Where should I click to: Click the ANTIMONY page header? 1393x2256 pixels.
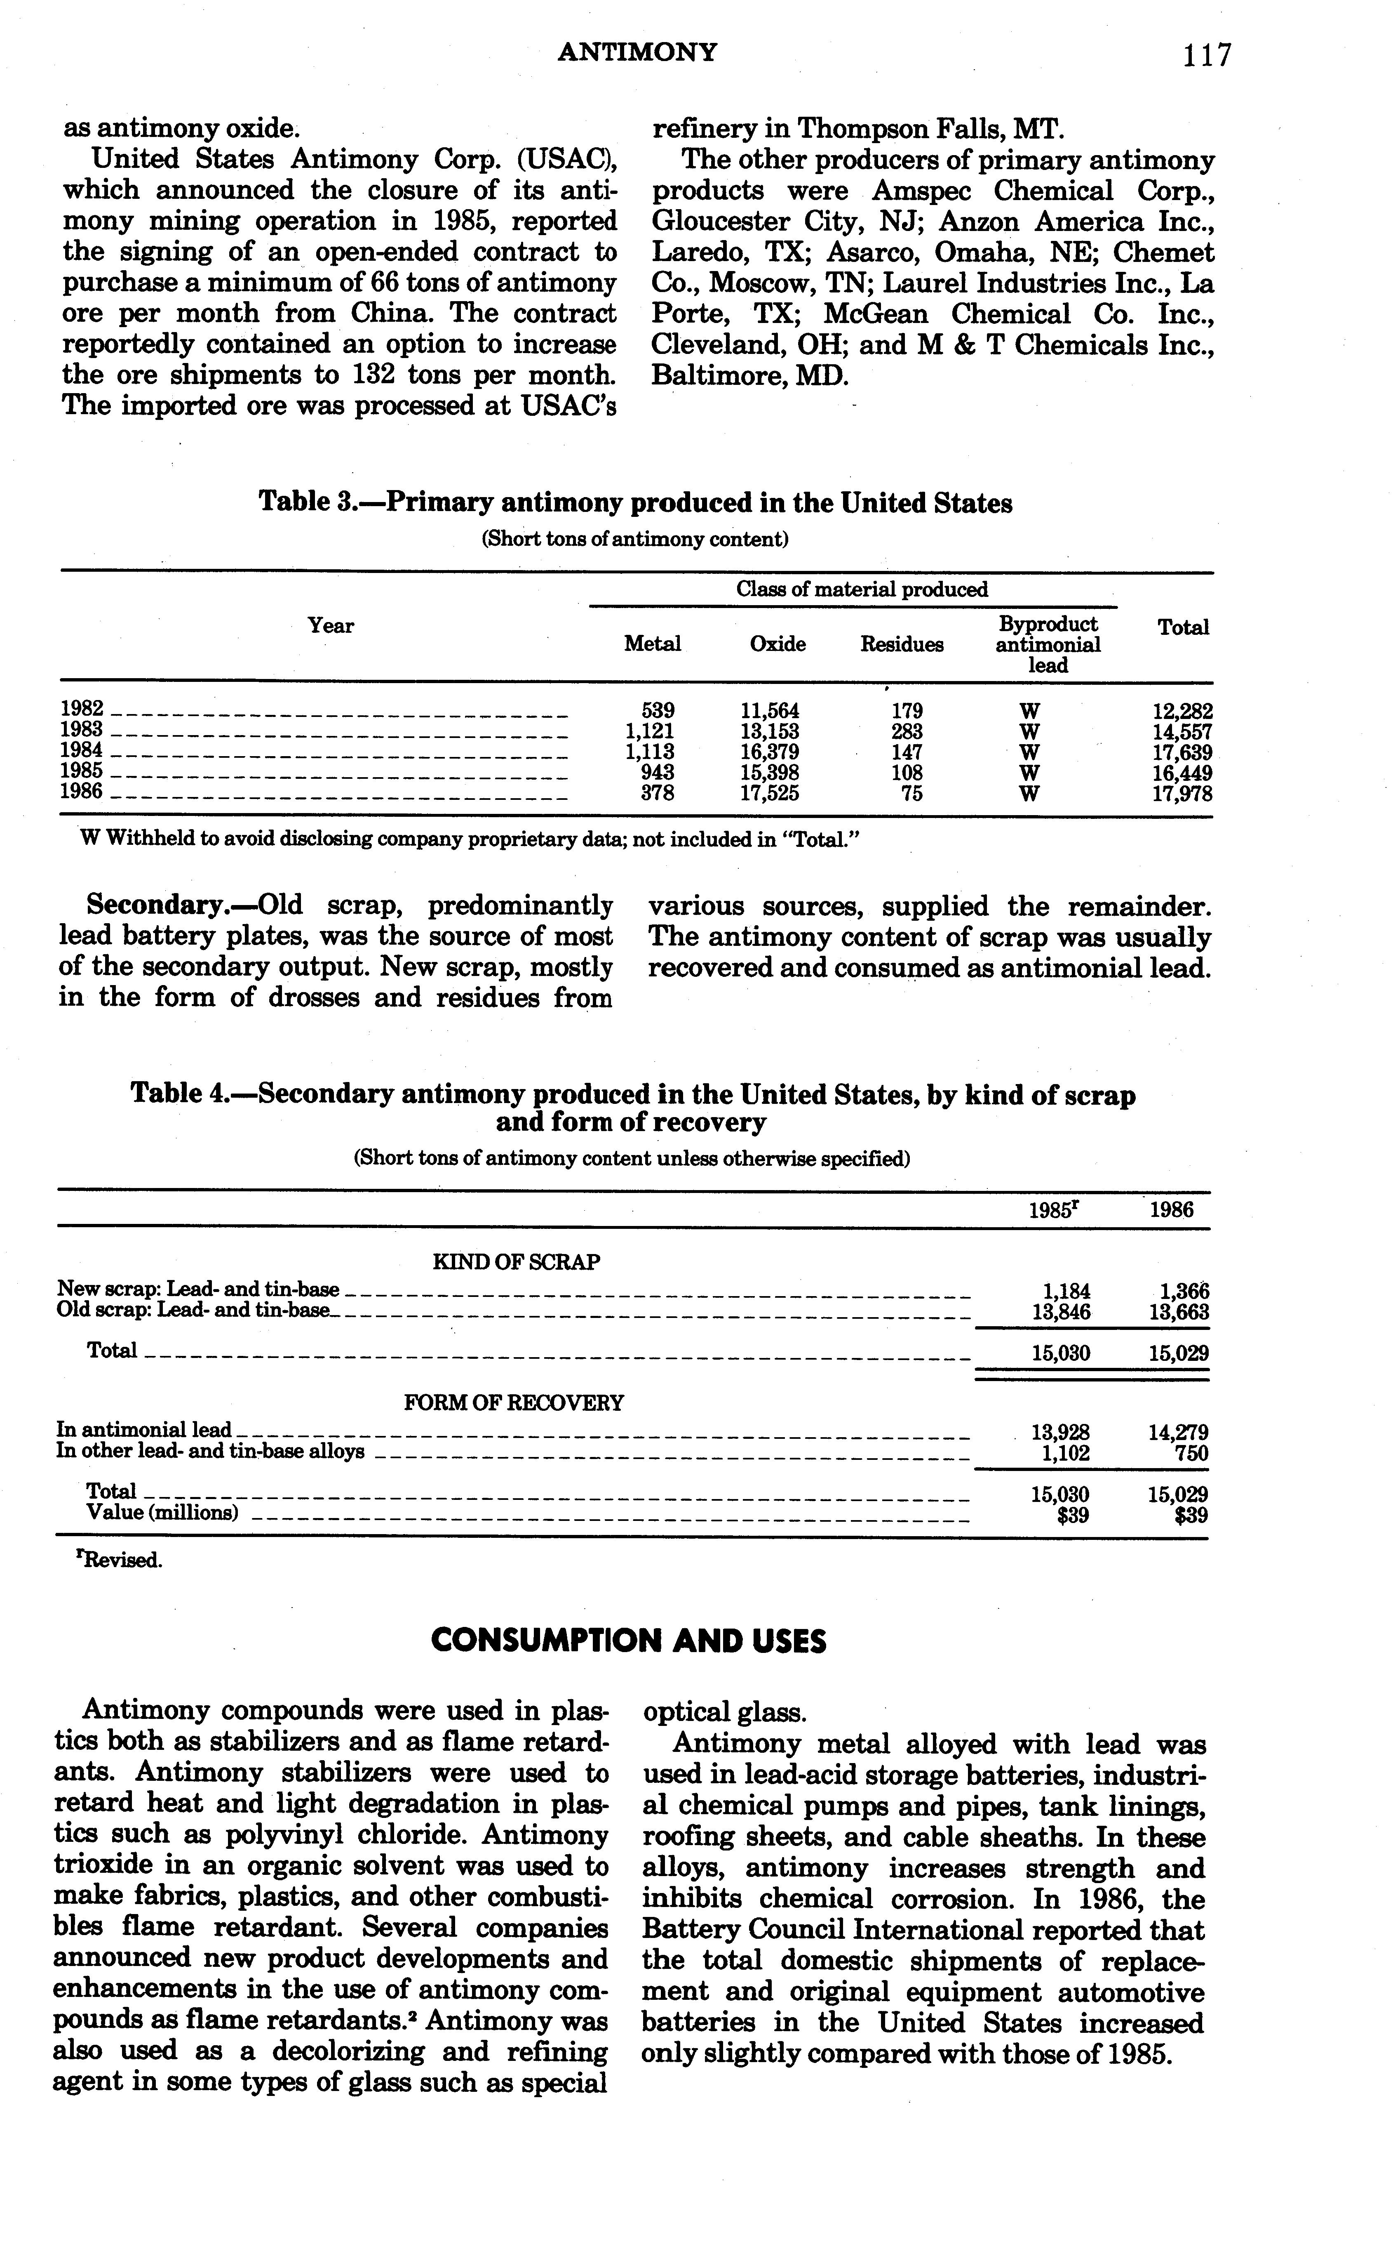click(637, 52)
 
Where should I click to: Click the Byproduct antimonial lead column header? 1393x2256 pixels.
click(1048, 645)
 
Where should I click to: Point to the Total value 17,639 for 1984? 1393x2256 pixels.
click(1182, 752)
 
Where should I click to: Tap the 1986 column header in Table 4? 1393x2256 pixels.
click(1171, 1210)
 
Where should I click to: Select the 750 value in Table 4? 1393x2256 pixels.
click(1190, 1453)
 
